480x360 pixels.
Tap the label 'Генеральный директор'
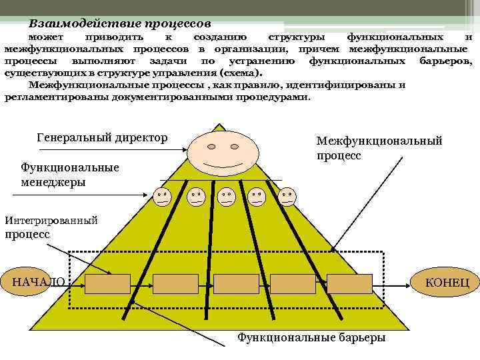point(102,137)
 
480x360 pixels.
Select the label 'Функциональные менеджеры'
point(70,174)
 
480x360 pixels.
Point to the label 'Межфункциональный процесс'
point(379,148)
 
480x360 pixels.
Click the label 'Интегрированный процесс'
point(51,227)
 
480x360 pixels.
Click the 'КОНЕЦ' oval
point(447,282)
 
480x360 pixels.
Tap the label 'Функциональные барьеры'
point(311,337)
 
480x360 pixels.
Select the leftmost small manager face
point(162,196)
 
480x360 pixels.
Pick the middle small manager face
point(226,196)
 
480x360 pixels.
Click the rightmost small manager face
point(288,196)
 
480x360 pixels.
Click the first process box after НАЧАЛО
point(107,283)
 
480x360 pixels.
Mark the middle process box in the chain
point(236,283)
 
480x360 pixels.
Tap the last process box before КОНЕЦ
point(350,283)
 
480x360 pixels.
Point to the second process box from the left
point(175,283)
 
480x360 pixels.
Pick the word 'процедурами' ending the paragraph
point(275,97)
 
